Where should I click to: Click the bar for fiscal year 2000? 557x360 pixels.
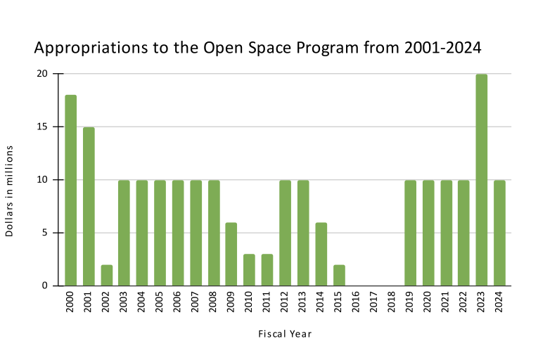tap(70, 190)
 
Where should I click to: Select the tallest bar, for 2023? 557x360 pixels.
tap(481, 180)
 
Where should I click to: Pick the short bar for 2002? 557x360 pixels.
tap(106, 275)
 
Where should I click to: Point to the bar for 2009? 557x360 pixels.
tap(231, 254)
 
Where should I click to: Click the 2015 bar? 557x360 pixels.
tap(338, 275)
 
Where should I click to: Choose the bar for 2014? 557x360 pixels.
tap(321, 254)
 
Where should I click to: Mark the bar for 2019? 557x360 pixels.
tap(410, 233)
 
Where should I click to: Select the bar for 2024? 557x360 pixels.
tap(499, 233)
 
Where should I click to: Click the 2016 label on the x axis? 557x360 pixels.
tap(357, 303)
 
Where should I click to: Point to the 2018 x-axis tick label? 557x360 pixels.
tap(392, 303)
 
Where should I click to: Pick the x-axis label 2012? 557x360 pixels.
tap(285, 303)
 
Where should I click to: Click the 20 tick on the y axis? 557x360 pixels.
tap(42, 74)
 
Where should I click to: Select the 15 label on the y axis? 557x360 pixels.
tap(42, 127)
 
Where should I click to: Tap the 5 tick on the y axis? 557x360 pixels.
tap(44, 233)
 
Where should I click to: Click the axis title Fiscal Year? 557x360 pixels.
tap(284, 334)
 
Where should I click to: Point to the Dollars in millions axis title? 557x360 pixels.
tap(10, 191)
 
